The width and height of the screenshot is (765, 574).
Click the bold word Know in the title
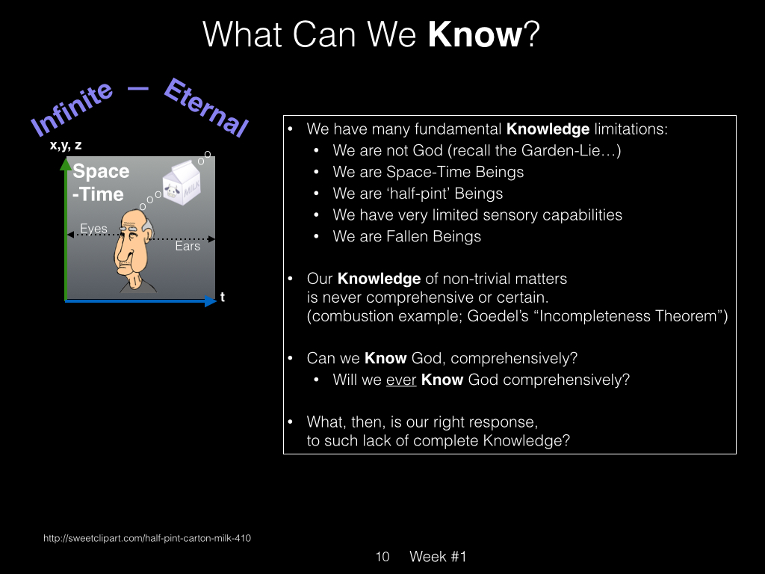pyautogui.click(x=474, y=34)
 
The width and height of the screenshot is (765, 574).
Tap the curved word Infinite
pyautogui.click(x=72, y=108)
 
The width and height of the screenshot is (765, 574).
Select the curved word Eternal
pyautogui.click(x=206, y=107)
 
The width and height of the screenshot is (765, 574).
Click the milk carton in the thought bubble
pyautogui.click(x=182, y=182)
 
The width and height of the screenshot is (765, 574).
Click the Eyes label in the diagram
pyautogui.click(x=93, y=229)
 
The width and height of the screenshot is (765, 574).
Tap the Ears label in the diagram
pyautogui.click(x=188, y=246)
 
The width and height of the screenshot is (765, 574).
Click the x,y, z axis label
pyautogui.click(x=66, y=145)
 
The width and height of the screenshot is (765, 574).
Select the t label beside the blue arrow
pyautogui.click(x=223, y=296)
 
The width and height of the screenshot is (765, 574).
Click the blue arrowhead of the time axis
pyautogui.click(x=210, y=301)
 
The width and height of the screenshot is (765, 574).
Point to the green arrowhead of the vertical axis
pyautogui.click(x=66, y=164)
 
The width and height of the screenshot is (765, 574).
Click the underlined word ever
pyautogui.click(x=401, y=380)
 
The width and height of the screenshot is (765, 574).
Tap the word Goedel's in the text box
pyautogui.click(x=498, y=316)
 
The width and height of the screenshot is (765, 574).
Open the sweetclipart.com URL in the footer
pyautogui.click(x=147, y=538)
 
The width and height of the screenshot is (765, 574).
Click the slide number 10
pyautogui.click(x=382, y=556)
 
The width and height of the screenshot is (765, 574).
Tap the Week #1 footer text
pyautogui.click(x=438, y=556)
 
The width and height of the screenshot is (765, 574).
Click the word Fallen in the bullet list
pyautogui.click(x=407, y=236)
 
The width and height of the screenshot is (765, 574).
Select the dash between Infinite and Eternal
pyautogui.click(x=138, y=88)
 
